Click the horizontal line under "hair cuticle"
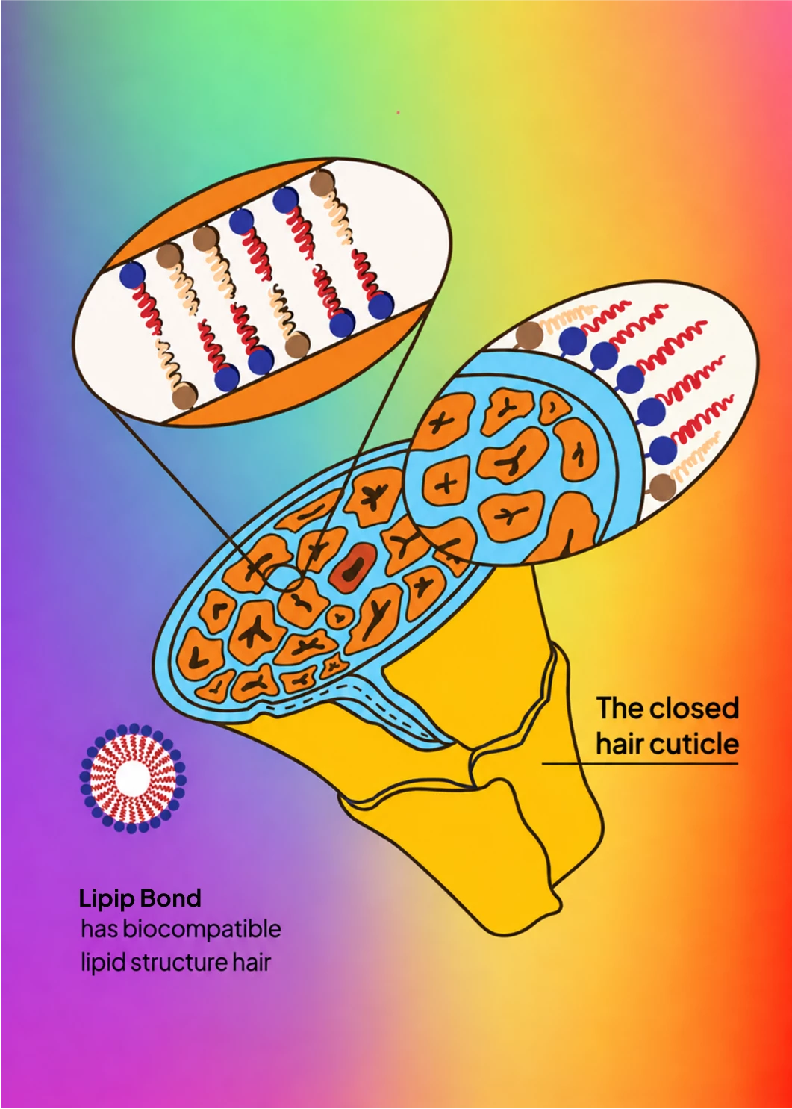pos(640,764)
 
